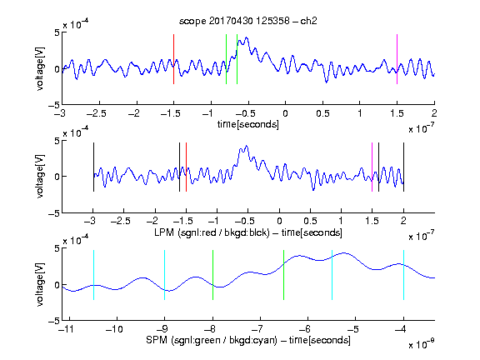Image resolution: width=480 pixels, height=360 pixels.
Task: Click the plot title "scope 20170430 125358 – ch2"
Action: [248, 21]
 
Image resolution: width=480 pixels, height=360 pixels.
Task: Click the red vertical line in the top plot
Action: [174, 59]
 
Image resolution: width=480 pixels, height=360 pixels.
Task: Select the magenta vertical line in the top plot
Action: [397, 59]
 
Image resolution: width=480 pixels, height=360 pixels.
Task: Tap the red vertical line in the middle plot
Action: [186, 167]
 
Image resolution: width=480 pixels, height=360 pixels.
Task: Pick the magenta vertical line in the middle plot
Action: [372, 167]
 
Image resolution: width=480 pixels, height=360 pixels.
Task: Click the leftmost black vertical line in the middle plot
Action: [93, 167]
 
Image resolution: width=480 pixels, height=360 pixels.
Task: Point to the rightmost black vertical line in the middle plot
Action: [404, 167]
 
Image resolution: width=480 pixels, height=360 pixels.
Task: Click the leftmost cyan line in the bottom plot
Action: [93, 275]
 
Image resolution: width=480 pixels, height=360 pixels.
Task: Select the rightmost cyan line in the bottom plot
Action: [404, 275]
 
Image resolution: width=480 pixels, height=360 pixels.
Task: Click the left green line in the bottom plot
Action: [212, 275]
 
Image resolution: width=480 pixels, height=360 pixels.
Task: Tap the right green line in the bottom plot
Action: [284, 275]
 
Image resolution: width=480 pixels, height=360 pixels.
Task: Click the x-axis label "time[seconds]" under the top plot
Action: [248, 125]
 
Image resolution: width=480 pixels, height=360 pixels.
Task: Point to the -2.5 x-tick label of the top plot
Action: [97, 114]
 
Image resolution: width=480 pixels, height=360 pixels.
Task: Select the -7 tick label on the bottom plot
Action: [259, 329]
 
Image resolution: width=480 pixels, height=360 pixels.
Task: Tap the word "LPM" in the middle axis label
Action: [164, 232]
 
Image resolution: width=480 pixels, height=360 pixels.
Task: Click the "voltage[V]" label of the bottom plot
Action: [40, 285]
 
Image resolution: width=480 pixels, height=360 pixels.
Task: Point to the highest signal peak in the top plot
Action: [247, 37]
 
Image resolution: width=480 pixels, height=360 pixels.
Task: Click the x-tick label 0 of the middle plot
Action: [279, 221]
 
